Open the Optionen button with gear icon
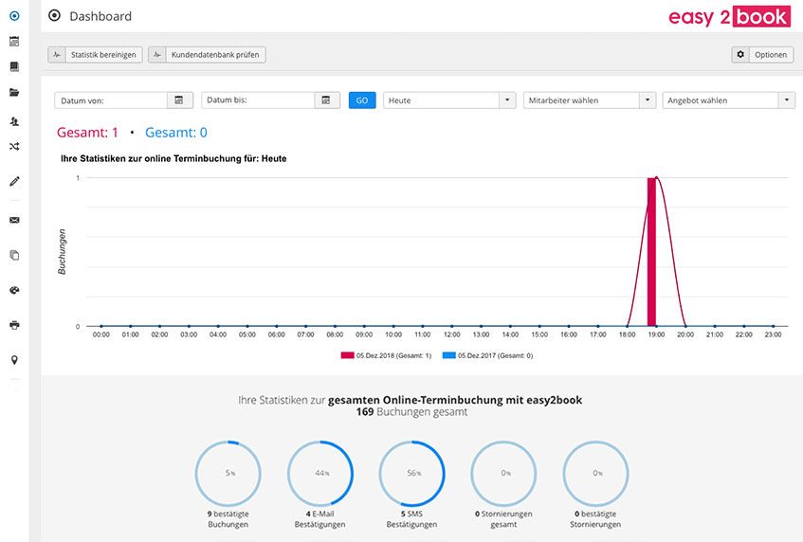(762, 55)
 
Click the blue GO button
(362, 100)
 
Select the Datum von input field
(111, 100)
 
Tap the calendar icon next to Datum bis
(326, 100)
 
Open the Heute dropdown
(449, 100)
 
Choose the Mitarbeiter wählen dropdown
(590, 100)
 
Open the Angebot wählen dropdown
(728, 100)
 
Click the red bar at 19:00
(651, 252)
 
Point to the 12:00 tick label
(451, 334)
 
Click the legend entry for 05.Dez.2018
(386, 355)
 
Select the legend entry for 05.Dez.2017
(487, 355)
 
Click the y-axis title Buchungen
(62, 252)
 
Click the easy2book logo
(729, 17)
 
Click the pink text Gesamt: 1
(87, 133)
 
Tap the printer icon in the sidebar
(14, 325)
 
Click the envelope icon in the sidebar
(14, 220)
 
